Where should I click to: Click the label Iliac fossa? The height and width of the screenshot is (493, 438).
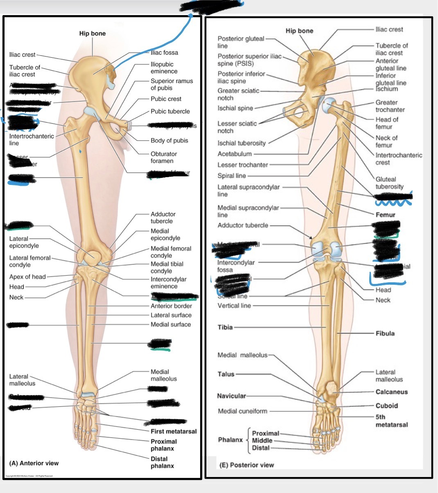coord(164,53)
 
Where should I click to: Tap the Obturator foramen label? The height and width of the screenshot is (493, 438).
coord(164,158)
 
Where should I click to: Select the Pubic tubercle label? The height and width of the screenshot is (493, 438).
coord(170,111)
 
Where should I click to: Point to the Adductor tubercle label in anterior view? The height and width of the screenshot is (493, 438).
coord(163,218)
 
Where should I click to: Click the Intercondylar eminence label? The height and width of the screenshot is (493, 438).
coord(168,283)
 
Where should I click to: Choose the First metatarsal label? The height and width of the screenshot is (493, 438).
coord(174,431)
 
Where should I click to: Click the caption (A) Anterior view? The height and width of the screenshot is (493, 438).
coord(34,463)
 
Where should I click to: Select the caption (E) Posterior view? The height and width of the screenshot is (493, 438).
coord(247,465)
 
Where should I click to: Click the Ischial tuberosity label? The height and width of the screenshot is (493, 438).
coord(242,143)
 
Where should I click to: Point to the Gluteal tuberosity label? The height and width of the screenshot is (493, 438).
coord(389,183)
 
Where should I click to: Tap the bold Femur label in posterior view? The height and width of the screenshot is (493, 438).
coord(385,215)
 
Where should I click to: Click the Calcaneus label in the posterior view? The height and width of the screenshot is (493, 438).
coord(392,392)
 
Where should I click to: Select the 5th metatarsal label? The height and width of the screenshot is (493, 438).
coord(391,421)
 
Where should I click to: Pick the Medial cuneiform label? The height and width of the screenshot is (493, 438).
coord(242,411)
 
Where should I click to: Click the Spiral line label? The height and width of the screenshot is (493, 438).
coord(232,176)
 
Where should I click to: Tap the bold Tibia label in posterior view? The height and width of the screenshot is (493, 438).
coord(225,327)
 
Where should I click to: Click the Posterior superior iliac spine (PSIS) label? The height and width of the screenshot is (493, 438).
coord(249,60)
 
